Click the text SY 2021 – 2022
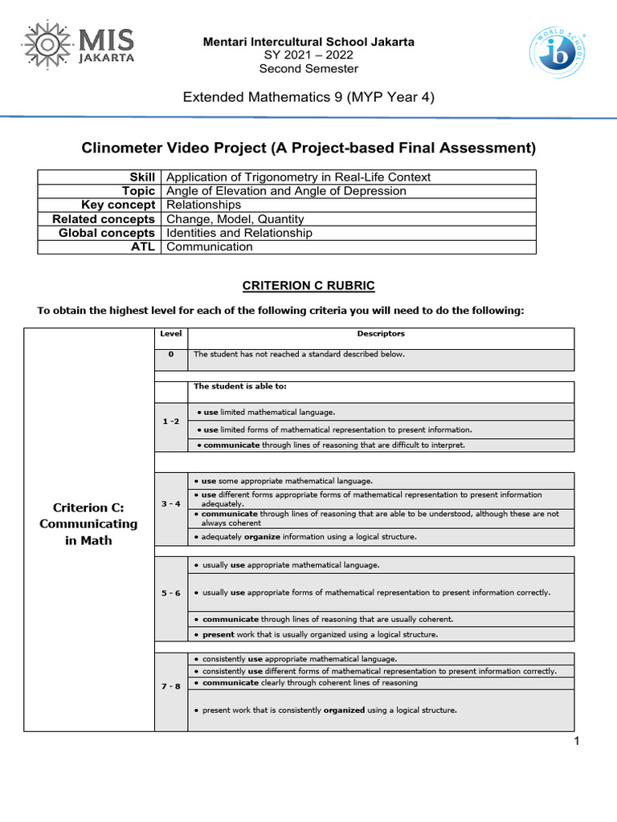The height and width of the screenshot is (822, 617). [x=308, y=55]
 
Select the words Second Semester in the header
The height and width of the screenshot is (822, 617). [x=308, y=69]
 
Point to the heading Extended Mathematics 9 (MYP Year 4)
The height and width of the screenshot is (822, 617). [x=308, y=98]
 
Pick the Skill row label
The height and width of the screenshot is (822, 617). [x=141, y=177]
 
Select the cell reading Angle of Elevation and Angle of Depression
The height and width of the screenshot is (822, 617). [x=285, y=191]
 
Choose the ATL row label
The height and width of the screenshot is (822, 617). [x=143, y=247]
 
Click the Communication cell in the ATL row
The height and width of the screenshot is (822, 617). [x=209, y=247]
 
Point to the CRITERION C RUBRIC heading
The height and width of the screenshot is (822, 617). [x=308, y=286]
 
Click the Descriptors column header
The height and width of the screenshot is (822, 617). [x=381, y=333]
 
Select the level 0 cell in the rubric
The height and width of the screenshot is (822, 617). [x=170, y=354]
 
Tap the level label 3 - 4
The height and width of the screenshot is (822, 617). [x=170, y=504]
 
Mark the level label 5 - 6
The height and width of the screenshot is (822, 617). [x=170, y=592]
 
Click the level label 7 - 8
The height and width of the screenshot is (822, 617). [x=170, y=685]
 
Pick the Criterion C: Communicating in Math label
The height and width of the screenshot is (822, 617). [x=88, y=524]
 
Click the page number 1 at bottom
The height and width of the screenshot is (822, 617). [x=576, y=741]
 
